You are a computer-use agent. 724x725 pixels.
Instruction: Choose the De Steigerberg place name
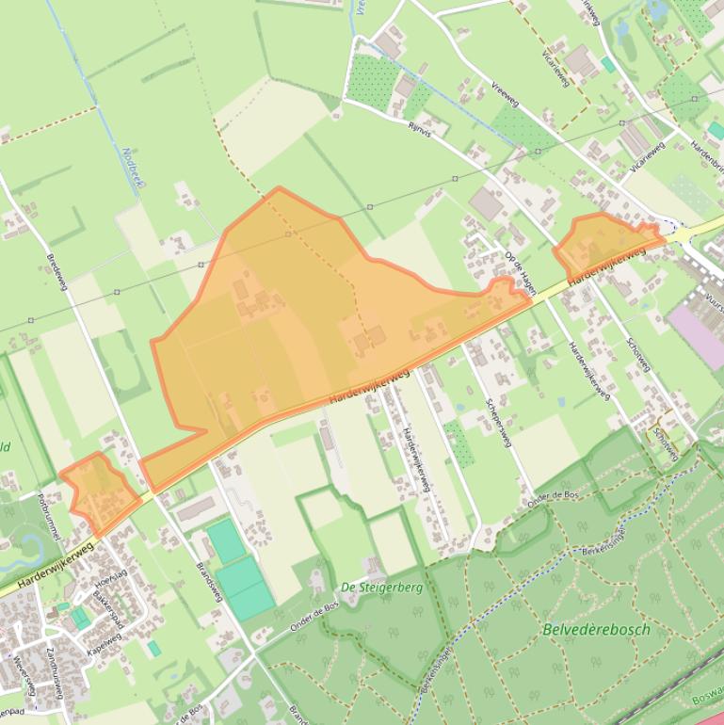(381, 587)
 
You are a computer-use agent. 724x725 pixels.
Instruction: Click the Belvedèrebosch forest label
(596, 629)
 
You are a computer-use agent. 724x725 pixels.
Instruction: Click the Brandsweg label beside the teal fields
(208, 582)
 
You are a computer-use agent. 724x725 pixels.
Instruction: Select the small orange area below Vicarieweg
(603, 243)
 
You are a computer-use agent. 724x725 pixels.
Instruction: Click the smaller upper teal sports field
(225, 540)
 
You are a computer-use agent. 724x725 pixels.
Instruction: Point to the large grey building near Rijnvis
(487, 202)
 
